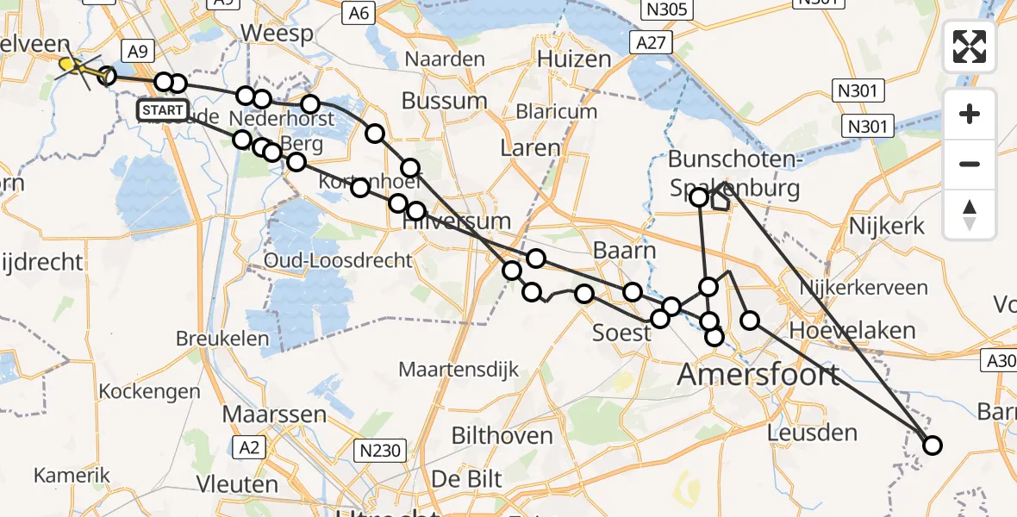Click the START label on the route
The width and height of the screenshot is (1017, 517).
point(162,110)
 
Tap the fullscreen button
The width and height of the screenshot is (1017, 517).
point(970,47)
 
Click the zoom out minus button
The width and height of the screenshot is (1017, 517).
point(970,164)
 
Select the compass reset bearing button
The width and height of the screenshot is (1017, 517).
point(970,215)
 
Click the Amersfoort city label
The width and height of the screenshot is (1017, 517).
point(758,375)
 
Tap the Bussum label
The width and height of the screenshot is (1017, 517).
point(445,101)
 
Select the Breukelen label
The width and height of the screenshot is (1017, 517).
point(222,339)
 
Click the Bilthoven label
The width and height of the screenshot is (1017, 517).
point(502,435)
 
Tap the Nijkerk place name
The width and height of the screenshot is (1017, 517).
point(887,227)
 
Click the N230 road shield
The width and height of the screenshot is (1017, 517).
point(379,449)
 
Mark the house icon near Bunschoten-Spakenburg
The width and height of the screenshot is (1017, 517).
point(720,201)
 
